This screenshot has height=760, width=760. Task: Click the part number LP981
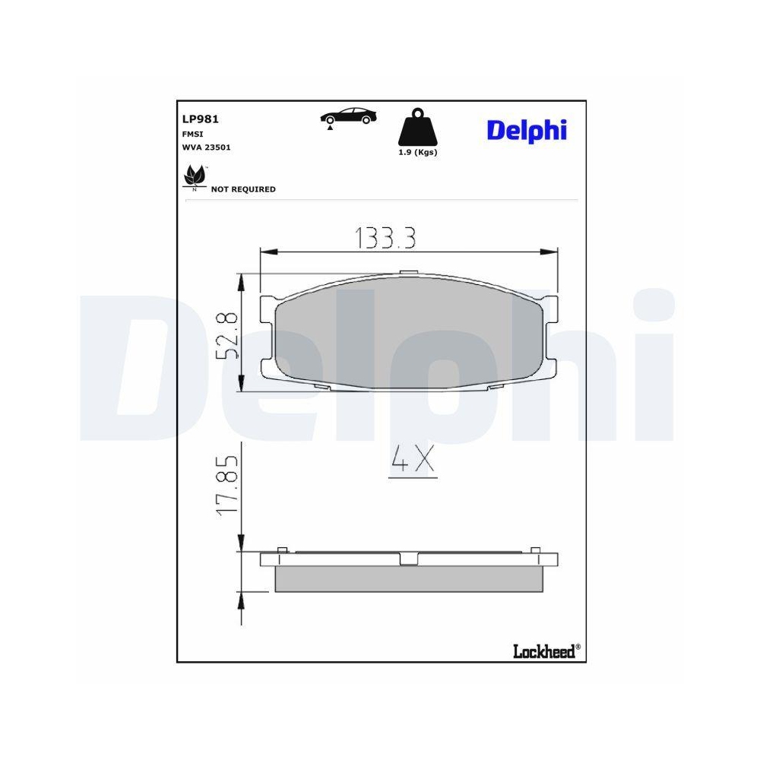coord(201,119)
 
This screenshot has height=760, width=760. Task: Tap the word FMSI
coord(191,134)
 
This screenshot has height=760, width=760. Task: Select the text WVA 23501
coord(206,147)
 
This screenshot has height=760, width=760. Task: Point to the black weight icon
coord(417,128)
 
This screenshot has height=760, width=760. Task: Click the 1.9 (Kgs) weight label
coord(418,152)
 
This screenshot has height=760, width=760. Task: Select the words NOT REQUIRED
coord(243,189)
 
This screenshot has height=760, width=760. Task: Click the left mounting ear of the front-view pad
coord(267,334)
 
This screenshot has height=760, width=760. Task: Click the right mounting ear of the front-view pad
coord(551,334)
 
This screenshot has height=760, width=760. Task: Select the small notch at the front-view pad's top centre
coord(408,273)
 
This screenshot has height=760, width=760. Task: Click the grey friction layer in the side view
coord(409,579)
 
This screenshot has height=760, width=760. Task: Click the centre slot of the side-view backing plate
coord(409,559)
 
